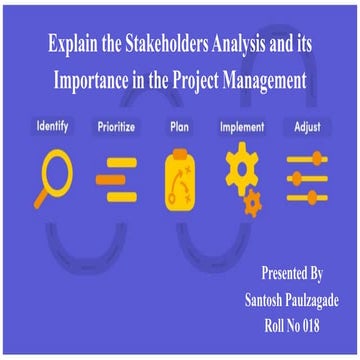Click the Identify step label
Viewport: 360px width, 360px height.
tap(52, 128)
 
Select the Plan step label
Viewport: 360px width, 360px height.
tap(180, 128)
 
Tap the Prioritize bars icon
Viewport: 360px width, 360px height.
tap(118, 177)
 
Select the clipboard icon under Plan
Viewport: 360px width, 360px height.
tap(180, 178)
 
